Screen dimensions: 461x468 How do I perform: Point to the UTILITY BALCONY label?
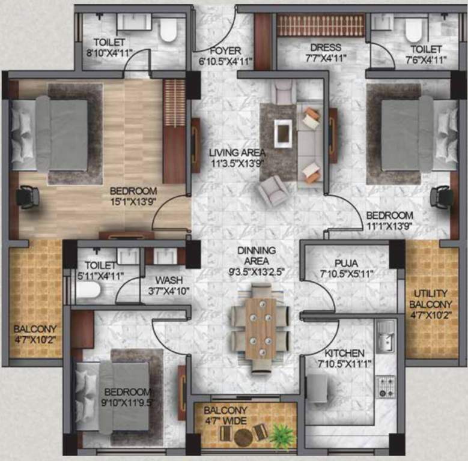pyautogui.click(x=432, y=298)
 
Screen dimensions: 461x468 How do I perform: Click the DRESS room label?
pyautogui.click(x=326, y=47)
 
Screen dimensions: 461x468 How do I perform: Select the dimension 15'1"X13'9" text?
pyautogui.click(x=133, y=202)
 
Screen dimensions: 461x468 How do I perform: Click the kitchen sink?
pyautogui.click(x=385, y=334)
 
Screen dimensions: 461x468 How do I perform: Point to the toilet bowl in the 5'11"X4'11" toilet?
pyautogui.click(x=88, y=291)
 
